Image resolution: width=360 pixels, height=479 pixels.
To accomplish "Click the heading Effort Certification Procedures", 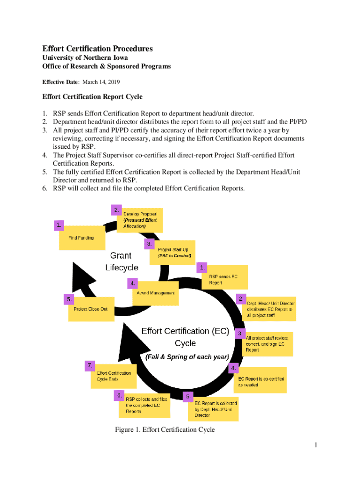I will click(x=97, y=49).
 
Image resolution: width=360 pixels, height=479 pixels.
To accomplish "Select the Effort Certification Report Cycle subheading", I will click(x=92, y=97).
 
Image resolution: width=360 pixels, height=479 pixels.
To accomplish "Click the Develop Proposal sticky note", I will click(x=140, y=220).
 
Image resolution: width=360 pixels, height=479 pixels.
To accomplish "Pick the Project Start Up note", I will click(x=173, y=253).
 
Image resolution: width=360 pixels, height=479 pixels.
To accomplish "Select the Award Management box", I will click(x=156, y=293).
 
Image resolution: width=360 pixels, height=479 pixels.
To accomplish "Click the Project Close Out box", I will click(x=91, y=309).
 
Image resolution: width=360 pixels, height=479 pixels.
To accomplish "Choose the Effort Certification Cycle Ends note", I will click(x=114, y=376).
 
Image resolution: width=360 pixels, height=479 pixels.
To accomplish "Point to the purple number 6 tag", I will click(x=120, y=396).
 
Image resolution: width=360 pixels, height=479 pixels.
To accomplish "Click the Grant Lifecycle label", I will click(x=122, y=261).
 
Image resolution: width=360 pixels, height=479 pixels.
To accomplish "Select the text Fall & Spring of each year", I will click(x=187, y=356).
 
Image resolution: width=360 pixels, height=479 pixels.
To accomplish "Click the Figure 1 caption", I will click(x=165, y=429).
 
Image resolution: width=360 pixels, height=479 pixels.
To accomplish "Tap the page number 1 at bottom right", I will click(x=316, y=445).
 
